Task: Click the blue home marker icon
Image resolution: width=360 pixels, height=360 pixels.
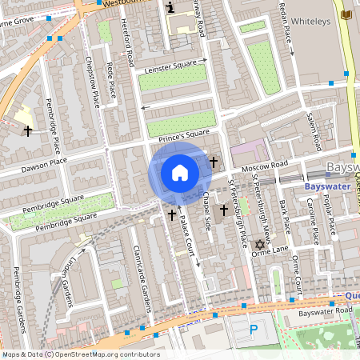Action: point(180,173)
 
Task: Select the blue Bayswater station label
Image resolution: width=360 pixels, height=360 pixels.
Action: point(328,186)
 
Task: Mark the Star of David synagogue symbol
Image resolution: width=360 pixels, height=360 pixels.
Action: point(258,244)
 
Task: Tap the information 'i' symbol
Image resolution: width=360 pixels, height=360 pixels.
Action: point(170,7)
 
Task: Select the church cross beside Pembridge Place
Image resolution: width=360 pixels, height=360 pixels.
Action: point(28,130)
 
